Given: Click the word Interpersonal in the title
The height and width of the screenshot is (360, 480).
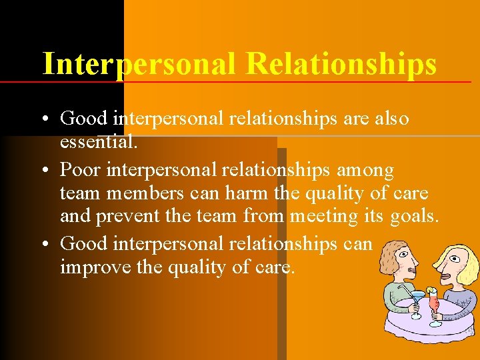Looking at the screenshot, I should point(139,64).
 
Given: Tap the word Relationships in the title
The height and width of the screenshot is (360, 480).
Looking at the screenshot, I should point(341,64).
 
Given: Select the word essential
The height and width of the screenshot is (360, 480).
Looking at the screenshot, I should point(98,141).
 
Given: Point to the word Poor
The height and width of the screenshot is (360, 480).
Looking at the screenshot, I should point(81,170).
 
